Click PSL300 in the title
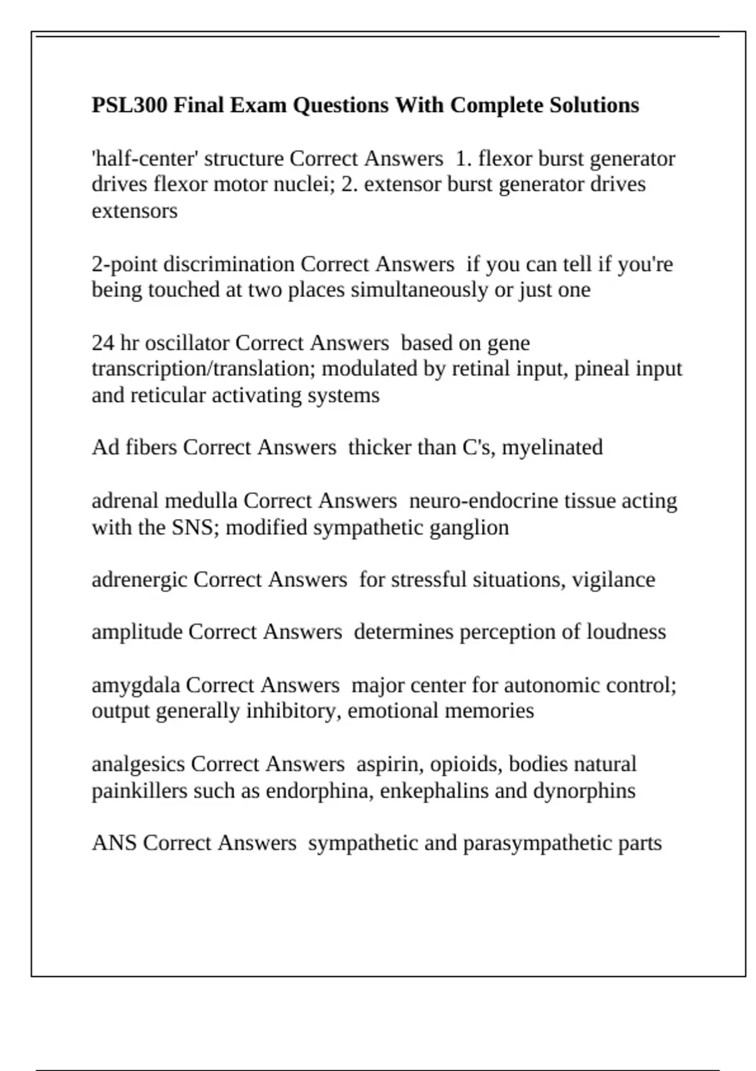(129, 105)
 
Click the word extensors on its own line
(135, 210)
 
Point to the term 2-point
(124, 264)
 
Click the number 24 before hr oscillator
(103, 343)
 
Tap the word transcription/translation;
(203, 369)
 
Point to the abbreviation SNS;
(195, 527)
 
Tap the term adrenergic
(139, 580)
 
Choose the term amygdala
(135, 685)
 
